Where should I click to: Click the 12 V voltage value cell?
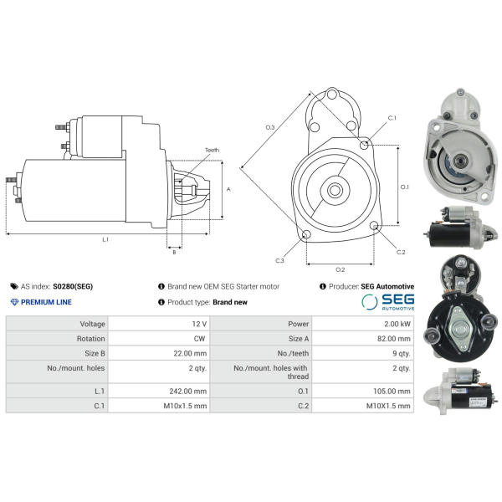(199, 324)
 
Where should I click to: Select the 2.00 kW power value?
(397, 324)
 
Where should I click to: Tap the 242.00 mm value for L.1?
(188, 392)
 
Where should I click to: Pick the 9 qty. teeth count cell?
(401, 353)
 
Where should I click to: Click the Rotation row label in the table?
(90, 339)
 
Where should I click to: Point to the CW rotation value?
(199, 339)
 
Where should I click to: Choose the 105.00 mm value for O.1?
(392, 392)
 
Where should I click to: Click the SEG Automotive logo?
(388, 302)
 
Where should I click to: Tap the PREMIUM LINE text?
(46, 302)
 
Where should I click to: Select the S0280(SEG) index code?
(73, 286)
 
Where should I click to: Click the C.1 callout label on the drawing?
(392, 118)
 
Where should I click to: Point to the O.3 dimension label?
(270, 127)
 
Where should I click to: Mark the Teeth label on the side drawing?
(212, 150)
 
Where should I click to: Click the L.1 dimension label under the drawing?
(105, 239)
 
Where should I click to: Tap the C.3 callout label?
(279, 260)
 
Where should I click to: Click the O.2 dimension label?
(340, 269)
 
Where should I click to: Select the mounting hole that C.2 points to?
(374, 226)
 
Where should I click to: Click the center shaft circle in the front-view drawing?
(335, 191)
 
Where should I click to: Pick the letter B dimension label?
(174, 253)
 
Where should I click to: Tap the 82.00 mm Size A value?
(394, 339)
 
